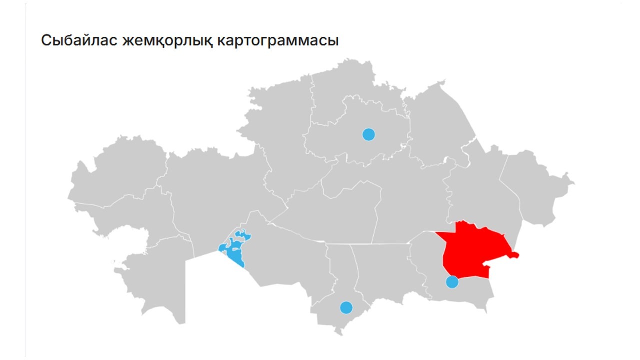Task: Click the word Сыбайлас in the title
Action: (x=79, y=40)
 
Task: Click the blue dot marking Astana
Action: (x=368, y=134)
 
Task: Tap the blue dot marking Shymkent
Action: (x=346, y=307)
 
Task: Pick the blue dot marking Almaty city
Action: (x=452, y=282)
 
